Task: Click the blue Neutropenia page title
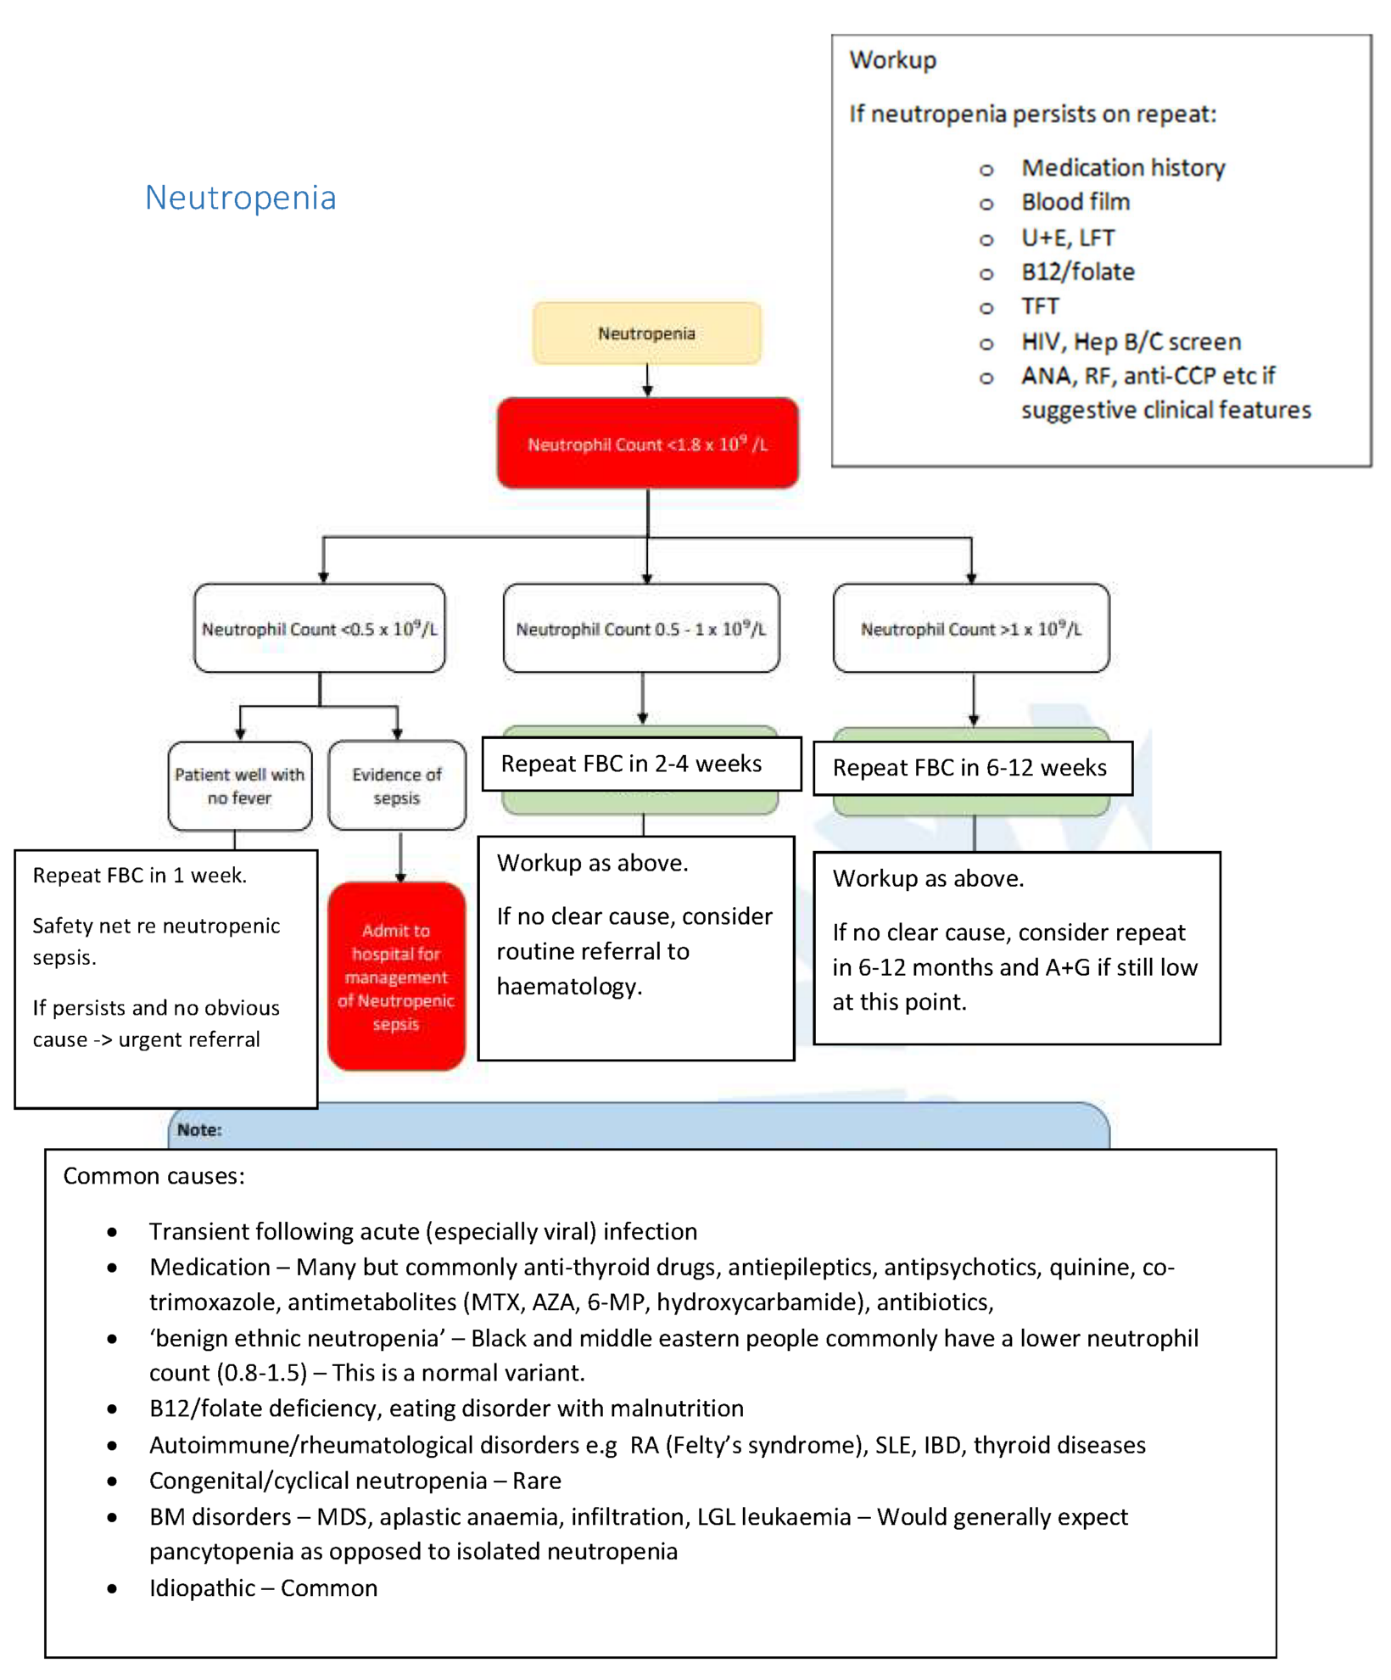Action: (240, 198)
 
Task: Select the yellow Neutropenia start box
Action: (646, 333)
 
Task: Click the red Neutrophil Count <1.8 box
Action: (647, 444)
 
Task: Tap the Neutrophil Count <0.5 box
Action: (319, 629)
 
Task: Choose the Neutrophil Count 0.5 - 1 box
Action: (640, 629)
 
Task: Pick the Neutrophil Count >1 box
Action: (970, 629)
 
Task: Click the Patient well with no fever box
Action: (239, 786)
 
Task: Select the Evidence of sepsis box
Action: (396, 786)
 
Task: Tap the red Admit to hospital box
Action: (396, 977)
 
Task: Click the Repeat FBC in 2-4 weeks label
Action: (631, 764)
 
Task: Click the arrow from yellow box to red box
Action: (647, 381)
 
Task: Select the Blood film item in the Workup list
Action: (1075, 202)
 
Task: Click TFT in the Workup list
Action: (1040, 306)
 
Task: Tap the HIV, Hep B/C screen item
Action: (1130, 342)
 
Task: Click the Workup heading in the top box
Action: (892, 60)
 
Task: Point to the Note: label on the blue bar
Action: (199, 1130)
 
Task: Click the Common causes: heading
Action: (154, 1176)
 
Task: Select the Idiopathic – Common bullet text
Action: (263, 1588)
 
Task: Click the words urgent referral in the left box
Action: (189, 1039)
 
